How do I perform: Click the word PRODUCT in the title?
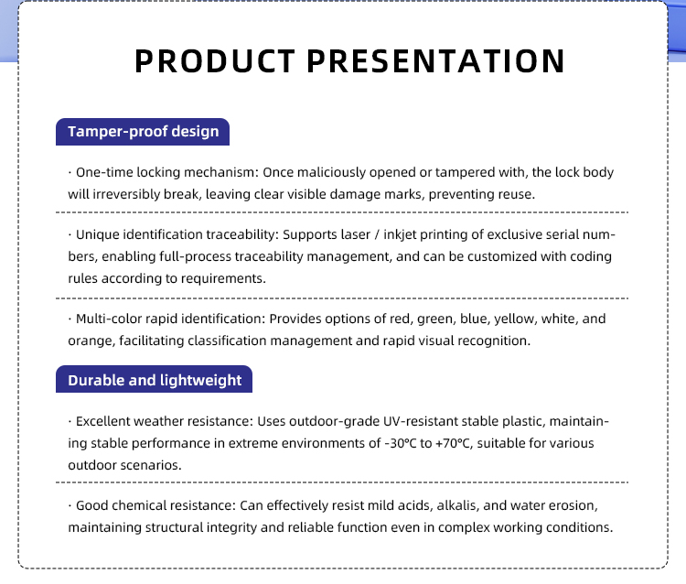214,60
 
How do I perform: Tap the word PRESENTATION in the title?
435,60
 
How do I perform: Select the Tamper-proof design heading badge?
143,132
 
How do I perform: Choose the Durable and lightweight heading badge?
154,379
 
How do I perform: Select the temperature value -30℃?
401,443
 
